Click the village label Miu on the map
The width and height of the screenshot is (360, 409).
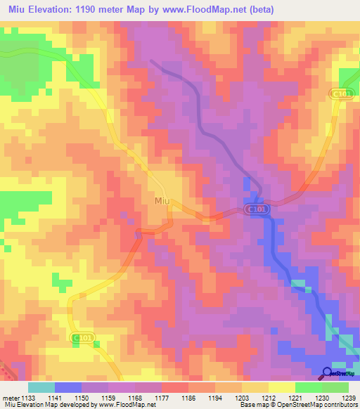(x=161, y=201)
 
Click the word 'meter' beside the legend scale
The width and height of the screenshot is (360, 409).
(x=11, y=397)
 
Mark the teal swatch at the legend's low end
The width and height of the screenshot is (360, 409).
(x=41, y=387)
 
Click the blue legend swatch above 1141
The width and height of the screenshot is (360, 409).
(x=68, y=387)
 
